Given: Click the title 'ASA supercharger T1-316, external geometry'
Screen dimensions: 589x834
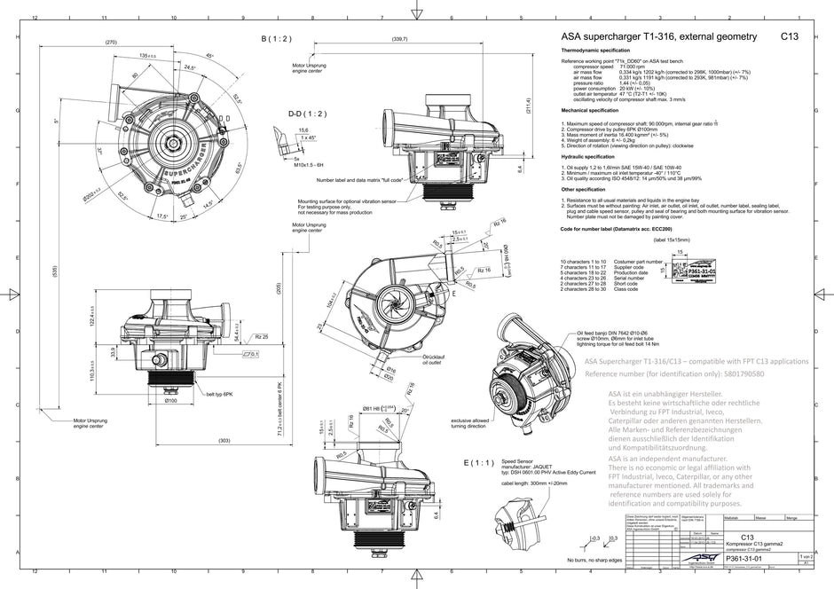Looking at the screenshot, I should tap(658, 37).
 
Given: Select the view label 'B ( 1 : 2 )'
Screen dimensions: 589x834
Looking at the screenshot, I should tap(276, 39).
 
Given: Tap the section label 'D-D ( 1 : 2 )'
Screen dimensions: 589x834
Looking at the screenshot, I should tap(306, 114).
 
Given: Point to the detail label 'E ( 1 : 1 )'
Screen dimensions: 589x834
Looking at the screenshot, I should tap(478, 462).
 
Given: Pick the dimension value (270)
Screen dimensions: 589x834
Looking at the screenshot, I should tap(111, 43).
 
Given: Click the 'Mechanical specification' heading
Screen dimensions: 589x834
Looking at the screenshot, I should tap(595, 111).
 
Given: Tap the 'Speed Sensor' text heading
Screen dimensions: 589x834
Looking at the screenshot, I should tap(518, 461).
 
